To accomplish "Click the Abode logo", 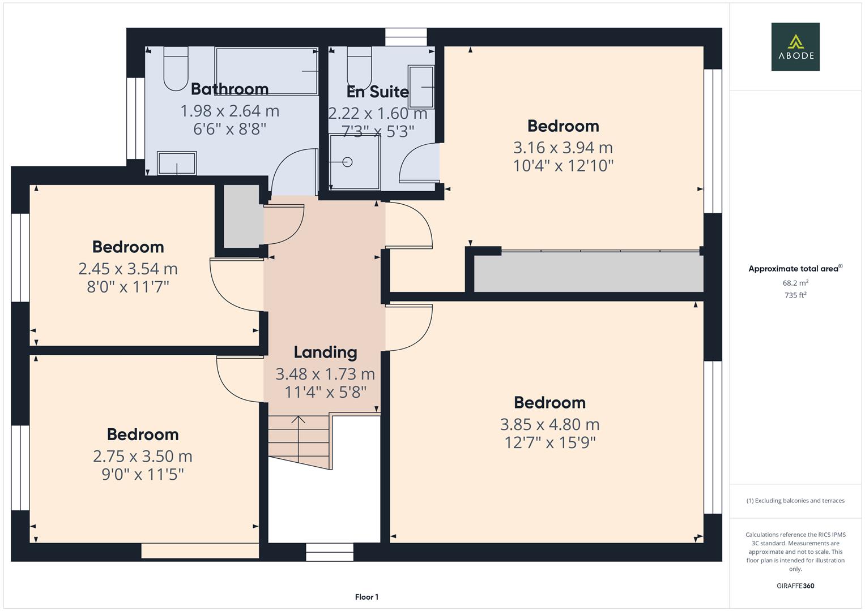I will point(795,46).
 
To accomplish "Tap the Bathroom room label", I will point(229,89).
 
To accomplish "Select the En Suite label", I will point(377,92).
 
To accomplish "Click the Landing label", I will point(325,352).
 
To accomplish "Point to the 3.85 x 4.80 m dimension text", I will point(549,424).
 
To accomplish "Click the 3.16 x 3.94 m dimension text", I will point(563,148).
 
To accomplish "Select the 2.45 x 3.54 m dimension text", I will point(128,269).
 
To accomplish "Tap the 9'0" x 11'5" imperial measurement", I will point(143,474).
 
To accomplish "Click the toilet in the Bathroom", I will point(176,68).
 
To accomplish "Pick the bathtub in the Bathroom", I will point(266,71).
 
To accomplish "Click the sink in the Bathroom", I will point(177,163).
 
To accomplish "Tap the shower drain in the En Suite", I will point(348,162).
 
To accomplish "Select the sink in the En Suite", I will point(421,87).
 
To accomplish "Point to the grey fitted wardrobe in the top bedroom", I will point(588,272).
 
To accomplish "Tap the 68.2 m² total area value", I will point(795,283).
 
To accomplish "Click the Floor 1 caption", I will point(367,597).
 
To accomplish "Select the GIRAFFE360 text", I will point(795,586).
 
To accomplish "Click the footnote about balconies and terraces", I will point(795,501).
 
